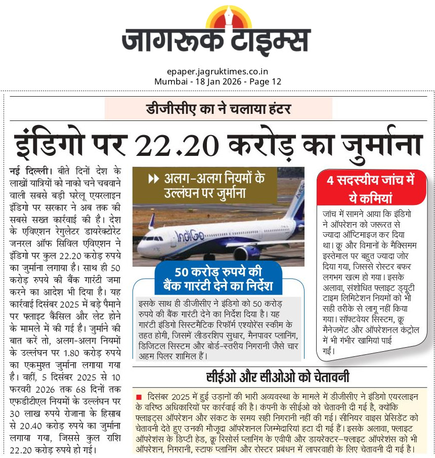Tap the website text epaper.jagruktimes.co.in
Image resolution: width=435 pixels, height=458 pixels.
tap(217, 72)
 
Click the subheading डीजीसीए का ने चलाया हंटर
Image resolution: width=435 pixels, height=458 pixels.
tap(218, 109)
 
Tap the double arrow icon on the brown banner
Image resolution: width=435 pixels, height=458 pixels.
tap(153, 179)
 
